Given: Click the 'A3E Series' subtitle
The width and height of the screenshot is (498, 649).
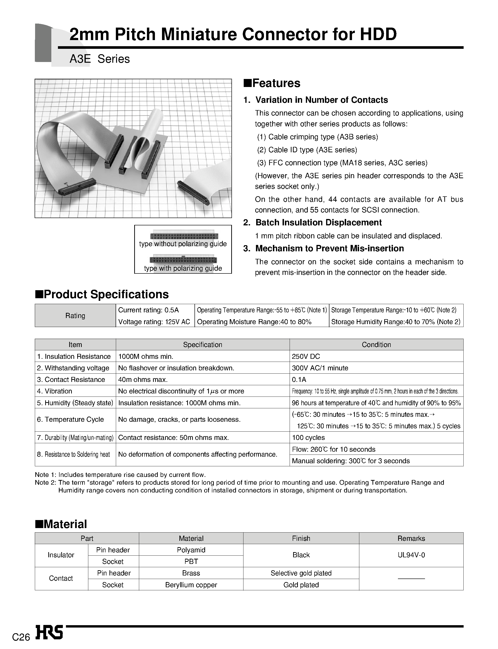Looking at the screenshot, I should [x=100, y=59].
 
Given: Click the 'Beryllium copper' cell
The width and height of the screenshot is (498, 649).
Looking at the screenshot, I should [x=191, y=585].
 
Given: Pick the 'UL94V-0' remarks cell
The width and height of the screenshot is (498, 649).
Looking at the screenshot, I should [x=411, y=555].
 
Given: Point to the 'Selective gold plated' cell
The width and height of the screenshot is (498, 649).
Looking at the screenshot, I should [x=301, y=573].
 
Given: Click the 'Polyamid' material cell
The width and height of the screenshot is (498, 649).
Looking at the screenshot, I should [x=191, y=550].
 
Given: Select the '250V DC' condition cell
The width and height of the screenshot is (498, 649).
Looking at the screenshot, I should [x=306, y=356].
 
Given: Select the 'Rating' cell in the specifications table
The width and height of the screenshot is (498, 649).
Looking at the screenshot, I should [x=75, y=316].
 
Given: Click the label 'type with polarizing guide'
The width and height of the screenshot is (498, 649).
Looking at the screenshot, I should [x=183, y=268].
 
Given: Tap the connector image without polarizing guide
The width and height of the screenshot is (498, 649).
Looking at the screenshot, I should [x=184, y=236].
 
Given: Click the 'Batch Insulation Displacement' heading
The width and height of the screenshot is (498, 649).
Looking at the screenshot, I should [x=318, y=223].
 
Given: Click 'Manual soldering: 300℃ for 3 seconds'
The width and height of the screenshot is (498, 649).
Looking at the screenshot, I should [x=351, y=461].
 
